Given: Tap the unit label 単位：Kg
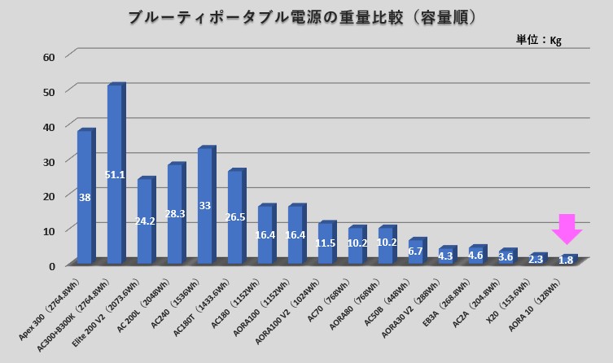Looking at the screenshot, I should pyautogui.click(x=539, y=39).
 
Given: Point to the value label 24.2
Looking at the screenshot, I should pyautogui.click(x=146, y=221).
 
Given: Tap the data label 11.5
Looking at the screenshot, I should pyautogui.click(x=326, y=243).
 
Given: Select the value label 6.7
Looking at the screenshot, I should pyautogui.click(x=415, y=251).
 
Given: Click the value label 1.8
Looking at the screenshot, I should pyautogui.click(x=566, y=260).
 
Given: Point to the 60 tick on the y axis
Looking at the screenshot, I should pyautogui.click(x=48, y=56).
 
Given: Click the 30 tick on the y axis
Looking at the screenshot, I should pyautogui.click(x=48, y=160).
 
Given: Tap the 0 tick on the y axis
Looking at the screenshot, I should pyautogui.click(x=51, y=265).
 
